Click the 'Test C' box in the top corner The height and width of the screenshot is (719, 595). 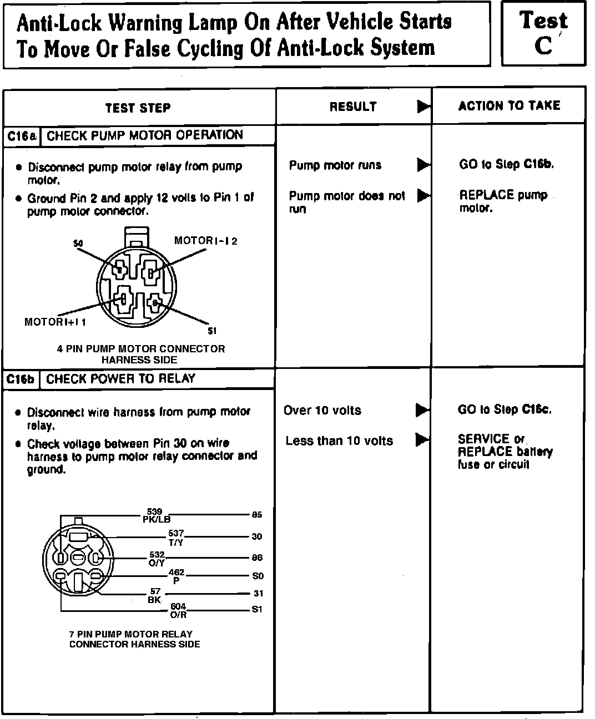tap(543, 33)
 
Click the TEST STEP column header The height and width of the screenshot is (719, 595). tap(138, 108)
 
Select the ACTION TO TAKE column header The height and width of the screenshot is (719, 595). tap(509, 106)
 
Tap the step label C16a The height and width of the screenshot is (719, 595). tap(22, 136)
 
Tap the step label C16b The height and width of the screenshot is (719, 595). tap(22, 379)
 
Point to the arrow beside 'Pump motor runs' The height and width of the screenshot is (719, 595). tap(423, 165)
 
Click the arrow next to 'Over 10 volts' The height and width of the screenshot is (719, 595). tap(422, 410)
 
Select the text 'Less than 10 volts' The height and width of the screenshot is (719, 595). tap(339, 441)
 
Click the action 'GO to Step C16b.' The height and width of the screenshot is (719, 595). tap(506, 164)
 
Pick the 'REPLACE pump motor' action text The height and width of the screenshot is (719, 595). tap(503, 201)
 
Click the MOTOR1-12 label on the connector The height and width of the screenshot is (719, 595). tap(205, 241)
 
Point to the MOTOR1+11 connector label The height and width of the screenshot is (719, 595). tap(55, 322)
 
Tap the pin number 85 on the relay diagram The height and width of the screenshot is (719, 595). tap(256, 515)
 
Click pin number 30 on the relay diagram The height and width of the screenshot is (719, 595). tap(256, 536)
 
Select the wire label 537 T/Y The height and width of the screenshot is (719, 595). tap(176, 538)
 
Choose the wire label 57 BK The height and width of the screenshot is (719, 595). tap(155, 596)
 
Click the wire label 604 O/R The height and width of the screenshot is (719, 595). tap(178, 610)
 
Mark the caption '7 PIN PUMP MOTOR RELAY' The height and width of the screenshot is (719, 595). tap(131, 634)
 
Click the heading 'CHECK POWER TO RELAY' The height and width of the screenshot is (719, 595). tap(120, 379)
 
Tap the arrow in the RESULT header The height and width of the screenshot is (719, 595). tap(423, 106)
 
